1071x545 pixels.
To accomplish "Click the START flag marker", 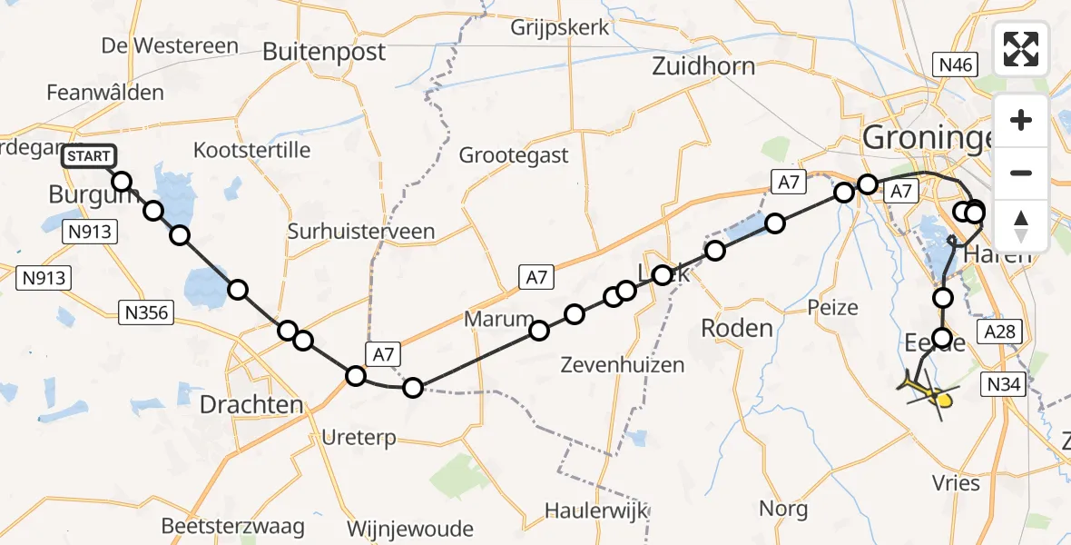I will coord(89,157).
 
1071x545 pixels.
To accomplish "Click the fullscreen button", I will coord(1021,49).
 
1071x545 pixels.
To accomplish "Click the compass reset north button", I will coord(1021,225).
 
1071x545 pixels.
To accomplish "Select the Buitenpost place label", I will coord(324,53).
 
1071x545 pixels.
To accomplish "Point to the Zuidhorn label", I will coord(703,66).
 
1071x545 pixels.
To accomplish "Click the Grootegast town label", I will coord(513,155).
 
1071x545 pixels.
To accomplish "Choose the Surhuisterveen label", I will coord(360,232).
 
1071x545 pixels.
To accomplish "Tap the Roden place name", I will coord(736,328).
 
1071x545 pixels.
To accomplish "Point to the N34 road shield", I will coord(1004,385).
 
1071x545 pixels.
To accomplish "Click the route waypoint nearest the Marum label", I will coord(539,330).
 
